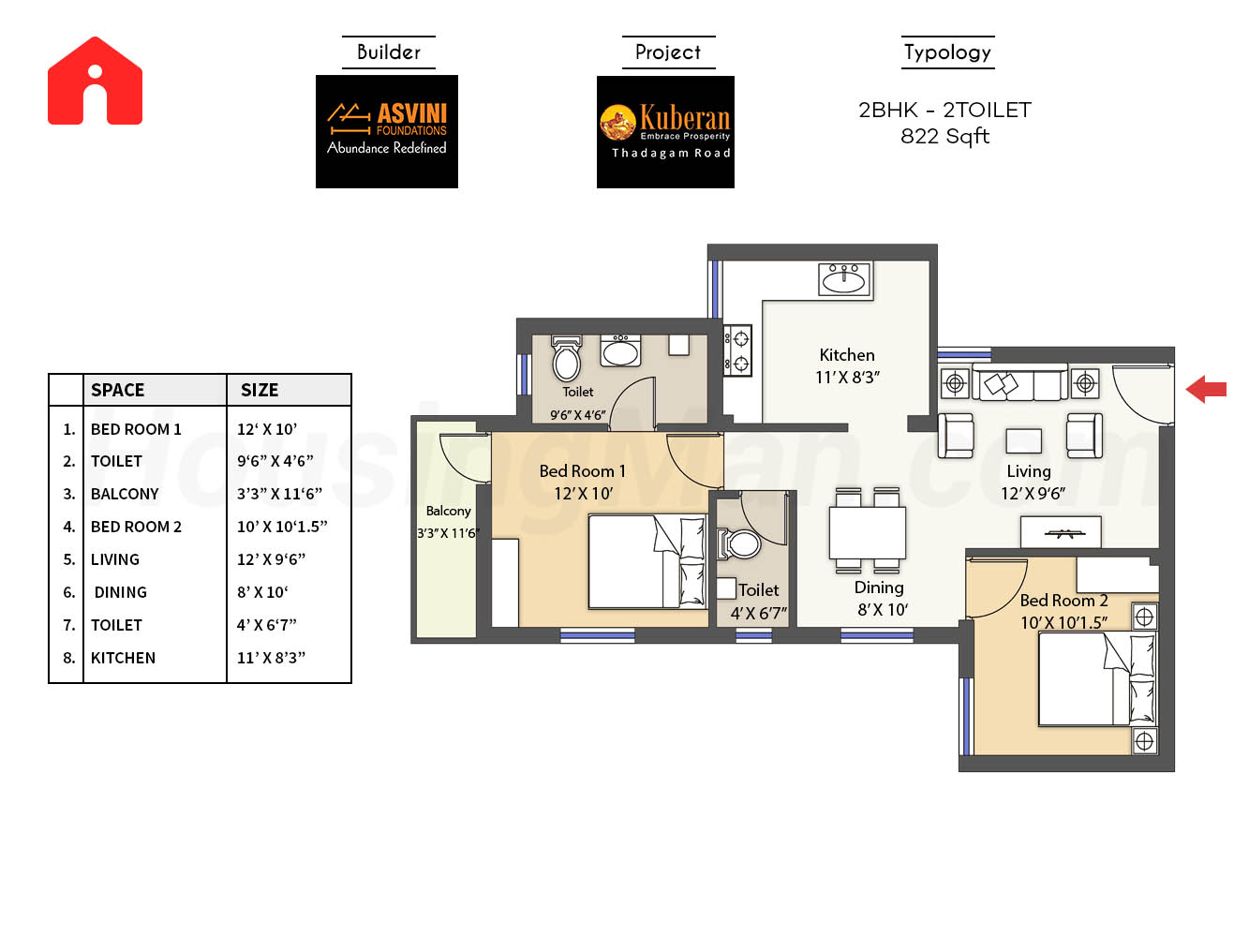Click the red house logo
[x=95, y=81]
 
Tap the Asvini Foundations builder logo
[x=386, y=131]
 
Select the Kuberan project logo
[x=665, y=132]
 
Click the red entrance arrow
[x=1206, y=389]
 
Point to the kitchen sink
[x=843, y=279]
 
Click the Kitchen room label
[x=847, y=355]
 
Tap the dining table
[x=867, y=533]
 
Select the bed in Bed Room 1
[x=647, y=561]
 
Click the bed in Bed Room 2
[x=1097, y=678]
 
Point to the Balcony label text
[x=449, y=511]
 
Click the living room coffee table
[x=1023, y=440]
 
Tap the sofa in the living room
[x=1019, y=382]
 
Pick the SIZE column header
[x=260, y=390]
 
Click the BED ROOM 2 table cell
[x=136, y=527]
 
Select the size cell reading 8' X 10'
[x=262, y=592]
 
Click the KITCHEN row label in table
[x=123, y=658]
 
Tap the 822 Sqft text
[x=944, y=137]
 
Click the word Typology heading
[x=947, y=52]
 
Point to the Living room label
[x=1028, y=471]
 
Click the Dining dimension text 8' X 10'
[x=883, y=610]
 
